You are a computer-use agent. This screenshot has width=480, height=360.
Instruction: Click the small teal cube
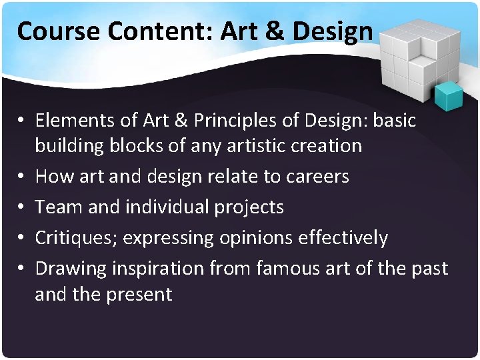click(x=449, y=97)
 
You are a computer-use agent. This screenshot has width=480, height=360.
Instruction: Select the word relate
click(x=218, y=177)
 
